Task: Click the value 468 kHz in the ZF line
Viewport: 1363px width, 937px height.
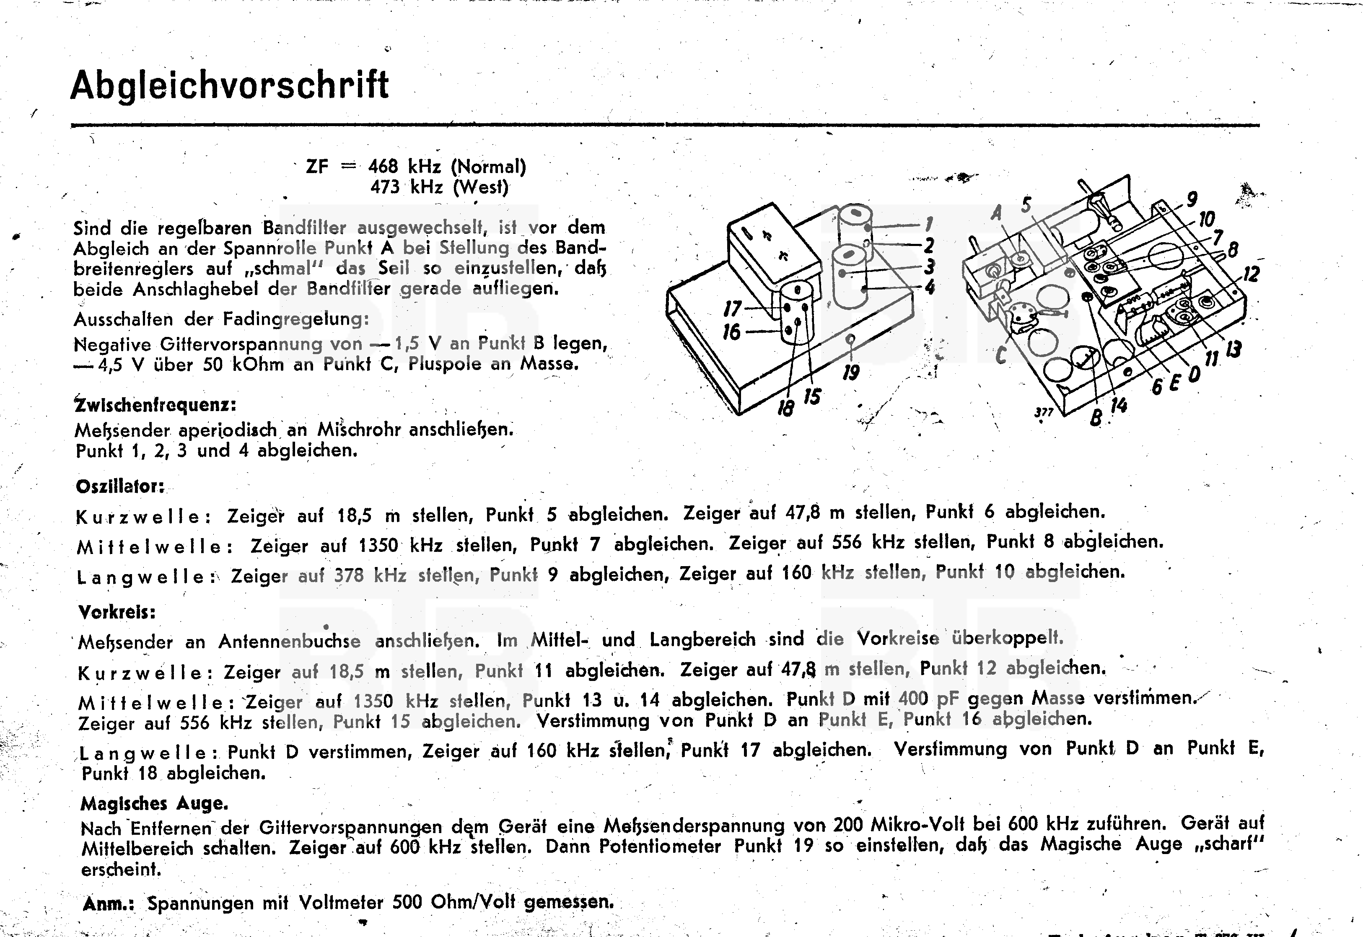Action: (x=404, y=167)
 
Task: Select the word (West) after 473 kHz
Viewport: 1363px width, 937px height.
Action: (x=480, y=187)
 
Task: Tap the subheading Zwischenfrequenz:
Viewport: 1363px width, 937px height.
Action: (x=155, y=404)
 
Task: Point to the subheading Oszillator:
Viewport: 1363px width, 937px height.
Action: (x=120, y=486)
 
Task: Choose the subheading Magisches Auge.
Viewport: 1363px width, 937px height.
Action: (x=154, y=803)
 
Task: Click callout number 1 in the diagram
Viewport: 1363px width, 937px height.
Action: (x=928, y=224)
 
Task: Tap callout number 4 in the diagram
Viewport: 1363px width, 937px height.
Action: (x=929, y=287)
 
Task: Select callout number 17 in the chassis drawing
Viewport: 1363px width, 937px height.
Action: (x=733, y=308)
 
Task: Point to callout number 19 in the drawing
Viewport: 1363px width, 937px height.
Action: (x=850, y=372)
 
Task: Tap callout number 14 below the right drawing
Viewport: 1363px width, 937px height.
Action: (x=1119, y=405)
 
